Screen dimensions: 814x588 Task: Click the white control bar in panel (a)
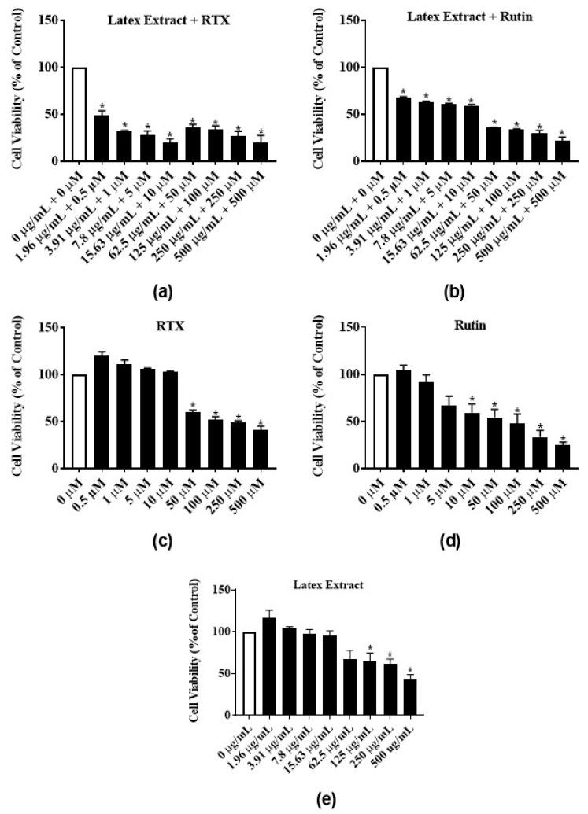pyautogui.click(x=78, y=114)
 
